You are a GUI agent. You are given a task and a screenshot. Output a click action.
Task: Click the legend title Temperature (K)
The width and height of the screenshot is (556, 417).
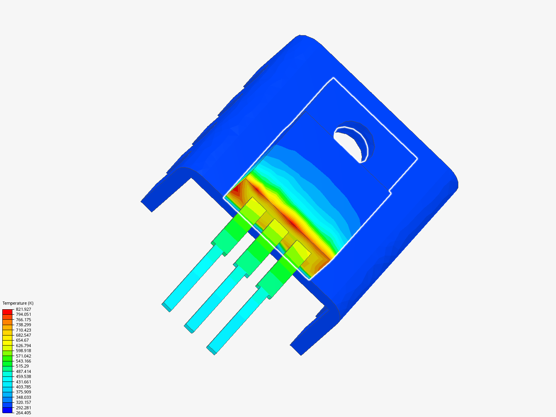18,303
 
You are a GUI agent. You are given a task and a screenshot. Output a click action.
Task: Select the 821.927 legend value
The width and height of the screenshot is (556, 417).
23,309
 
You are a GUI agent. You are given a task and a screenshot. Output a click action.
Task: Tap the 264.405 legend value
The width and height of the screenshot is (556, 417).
23,413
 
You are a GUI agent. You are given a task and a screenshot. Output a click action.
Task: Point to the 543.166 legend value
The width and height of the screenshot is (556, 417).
23,361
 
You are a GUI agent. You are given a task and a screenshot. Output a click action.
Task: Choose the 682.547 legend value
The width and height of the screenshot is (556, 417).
23,335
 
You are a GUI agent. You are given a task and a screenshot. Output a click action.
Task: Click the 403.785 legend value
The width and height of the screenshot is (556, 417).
23,387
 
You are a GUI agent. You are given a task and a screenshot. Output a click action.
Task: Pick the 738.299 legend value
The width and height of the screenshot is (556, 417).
23,325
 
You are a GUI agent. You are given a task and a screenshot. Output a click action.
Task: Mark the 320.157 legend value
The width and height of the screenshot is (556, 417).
23,402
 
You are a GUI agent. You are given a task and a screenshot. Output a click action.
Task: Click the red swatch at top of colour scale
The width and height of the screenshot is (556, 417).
7,312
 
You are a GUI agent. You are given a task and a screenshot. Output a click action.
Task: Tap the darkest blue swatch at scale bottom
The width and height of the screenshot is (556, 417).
7,410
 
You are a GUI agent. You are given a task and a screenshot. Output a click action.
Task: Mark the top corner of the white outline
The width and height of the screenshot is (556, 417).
334,78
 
